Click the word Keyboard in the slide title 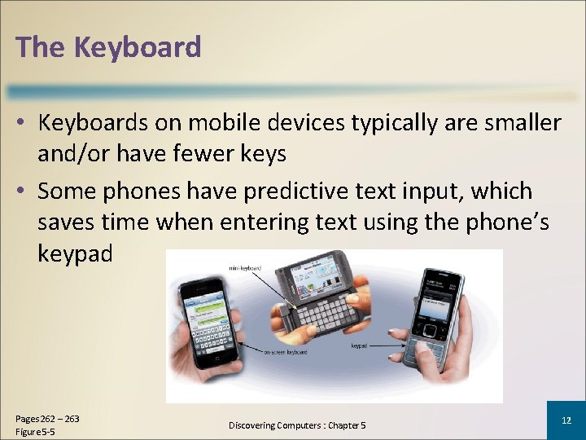pos(138,47)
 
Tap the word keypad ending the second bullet pos(75,253)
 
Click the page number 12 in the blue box pos(566,420)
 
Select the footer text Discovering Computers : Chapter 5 pos(297,425)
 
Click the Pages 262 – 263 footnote pos(47,419)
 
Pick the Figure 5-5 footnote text pos(35,431)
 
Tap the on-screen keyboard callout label pos(285,353)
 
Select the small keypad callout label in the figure pos(361,346)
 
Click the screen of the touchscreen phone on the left pos(208,313)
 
